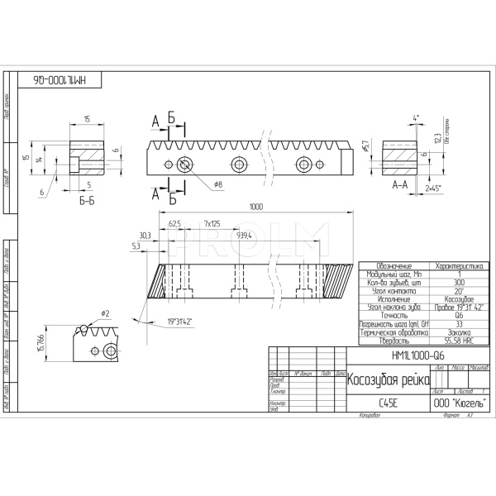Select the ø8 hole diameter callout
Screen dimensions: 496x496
[x=218, y=183]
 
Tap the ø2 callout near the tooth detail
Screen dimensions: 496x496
[x=106, y=313]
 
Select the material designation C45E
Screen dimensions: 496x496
[x=387, y=404]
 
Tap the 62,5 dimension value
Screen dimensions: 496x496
[x=174, y=224]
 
